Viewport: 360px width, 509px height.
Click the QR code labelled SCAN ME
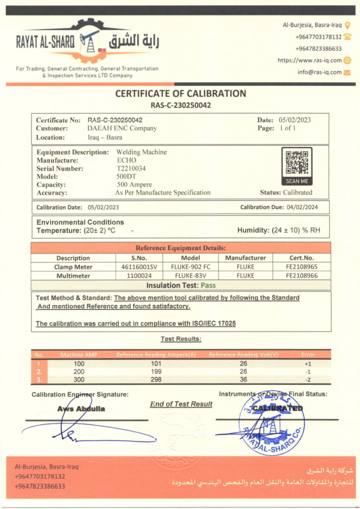tap(297, 163)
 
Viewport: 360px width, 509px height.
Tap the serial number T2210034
tap(130, 169)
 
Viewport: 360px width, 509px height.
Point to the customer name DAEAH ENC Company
tap(122, 128)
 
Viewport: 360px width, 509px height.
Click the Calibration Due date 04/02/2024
tap(300, 207)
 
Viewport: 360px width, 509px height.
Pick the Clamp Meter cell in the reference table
tap(73, 267)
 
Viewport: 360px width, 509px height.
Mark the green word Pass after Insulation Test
tap(208, 285)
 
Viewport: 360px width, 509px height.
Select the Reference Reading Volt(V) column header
tap(243, 354)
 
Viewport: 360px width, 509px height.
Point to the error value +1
tap(308, 363)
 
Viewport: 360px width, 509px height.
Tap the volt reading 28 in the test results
tap(243, 372)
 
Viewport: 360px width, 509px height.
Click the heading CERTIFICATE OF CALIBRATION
tap(180, 93)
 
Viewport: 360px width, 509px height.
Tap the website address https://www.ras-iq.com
tap(309, 60)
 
